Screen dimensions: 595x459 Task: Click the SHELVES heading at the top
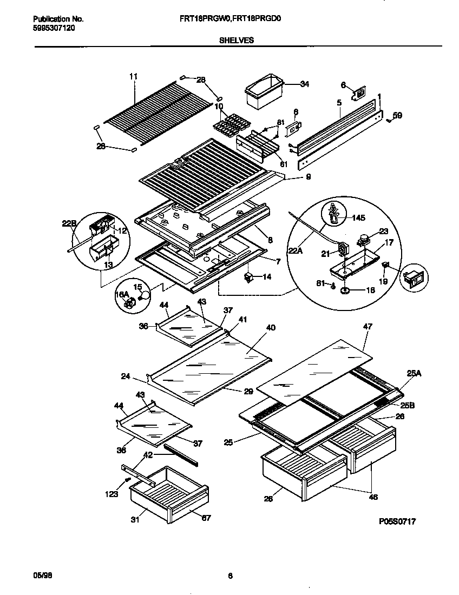coord(229,39)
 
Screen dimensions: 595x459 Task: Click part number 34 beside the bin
coord(305,84)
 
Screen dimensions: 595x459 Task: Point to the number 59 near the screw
coord(397,115)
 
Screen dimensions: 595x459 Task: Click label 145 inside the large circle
coord(358,218)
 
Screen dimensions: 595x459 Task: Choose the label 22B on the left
coord(69,222)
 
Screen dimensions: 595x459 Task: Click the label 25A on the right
coord(414,373)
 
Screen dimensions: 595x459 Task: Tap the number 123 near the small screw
coord(112,493)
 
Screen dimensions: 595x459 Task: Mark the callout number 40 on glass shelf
coord(271,327)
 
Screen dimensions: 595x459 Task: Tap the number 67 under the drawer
coord(206,518)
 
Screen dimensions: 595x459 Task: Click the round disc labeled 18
coord(345,291)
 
